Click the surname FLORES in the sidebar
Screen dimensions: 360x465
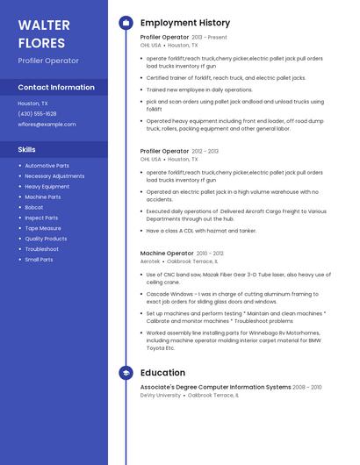pyautogui.click(x=41, y=43)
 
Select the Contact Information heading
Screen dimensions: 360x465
pyautogui.click(x=56, y=88)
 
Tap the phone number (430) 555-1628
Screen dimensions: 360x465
pyautogui.click(x=37, y=114)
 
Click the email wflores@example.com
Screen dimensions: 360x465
pyautogui.click(x=47, y=125)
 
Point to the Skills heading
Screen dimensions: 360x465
pyautogui.click(x=26, y=149)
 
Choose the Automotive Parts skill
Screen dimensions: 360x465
pyautogui.click(x=47, y=166)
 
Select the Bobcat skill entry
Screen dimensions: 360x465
pyautogui.click(x=34, y=208)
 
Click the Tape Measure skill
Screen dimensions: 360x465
pyautogui.click(x=43, y=228)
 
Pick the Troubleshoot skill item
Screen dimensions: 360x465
pyautogui.click(x=41, y=249)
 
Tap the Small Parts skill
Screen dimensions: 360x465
pyautogui.click(x=39, y=260)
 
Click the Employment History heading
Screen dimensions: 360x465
pyautogui.click(x=185, y=23)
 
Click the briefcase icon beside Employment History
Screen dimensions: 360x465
pyautogui.click(x=126, y=23)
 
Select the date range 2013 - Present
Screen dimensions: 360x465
pyautogui.click(x=209, y=38)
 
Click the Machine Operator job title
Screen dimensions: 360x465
pyautogui.click(x=167, y=254)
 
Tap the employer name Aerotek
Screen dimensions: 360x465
pyautogui.click(x=150, y=261)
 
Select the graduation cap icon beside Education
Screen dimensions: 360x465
pyautogui.click(x=126, y=373)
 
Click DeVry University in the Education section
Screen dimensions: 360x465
pyautogui.click(x=160, y=396)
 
